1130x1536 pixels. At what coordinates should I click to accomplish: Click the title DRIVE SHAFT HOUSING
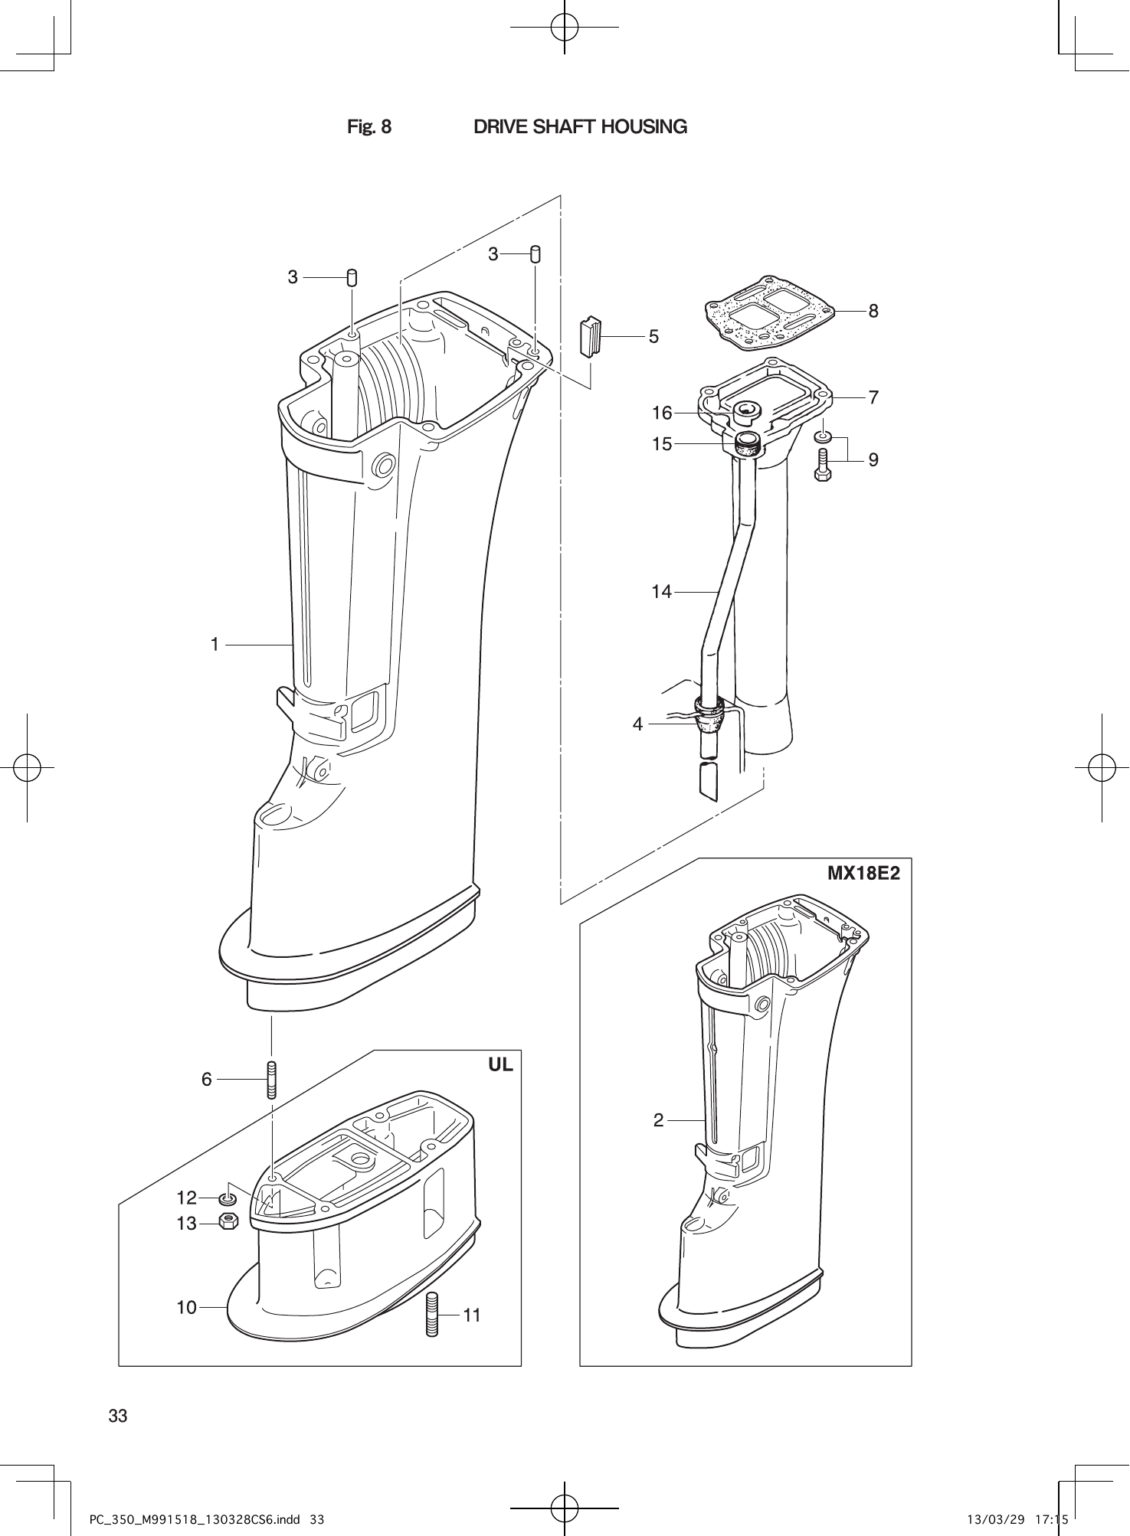coord(580,127)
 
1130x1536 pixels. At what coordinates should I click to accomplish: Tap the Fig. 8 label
coord(369,127)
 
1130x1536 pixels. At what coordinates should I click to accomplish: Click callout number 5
coord(653,336)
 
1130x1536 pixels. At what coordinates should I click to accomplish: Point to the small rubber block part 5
coord(589,335)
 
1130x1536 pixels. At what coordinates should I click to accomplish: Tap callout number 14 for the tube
coord(661,591)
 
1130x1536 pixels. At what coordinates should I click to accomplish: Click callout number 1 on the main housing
coord(215,645)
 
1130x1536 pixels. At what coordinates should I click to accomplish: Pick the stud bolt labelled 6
coord(271,1080)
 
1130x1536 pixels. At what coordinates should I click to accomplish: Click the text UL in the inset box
coord(500,1064)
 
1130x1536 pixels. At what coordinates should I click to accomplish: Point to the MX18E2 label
coord(863,874)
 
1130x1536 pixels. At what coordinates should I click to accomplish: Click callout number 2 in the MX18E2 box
coord(659,1120)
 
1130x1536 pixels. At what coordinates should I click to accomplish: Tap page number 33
coord(118,1415)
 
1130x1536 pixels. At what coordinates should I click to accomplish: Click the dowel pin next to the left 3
coord(352,277)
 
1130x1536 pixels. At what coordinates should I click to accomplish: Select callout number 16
coord(661,413)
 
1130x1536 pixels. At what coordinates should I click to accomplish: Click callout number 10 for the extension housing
coord(187,1307)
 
